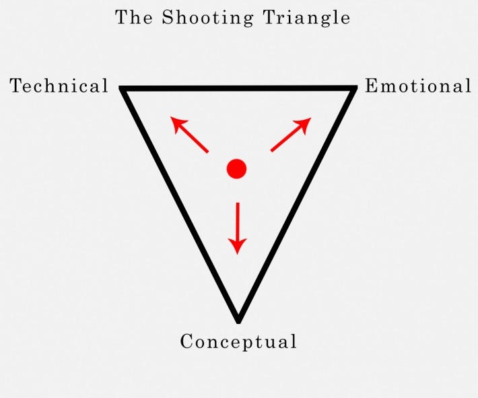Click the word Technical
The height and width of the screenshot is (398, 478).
point(59,86)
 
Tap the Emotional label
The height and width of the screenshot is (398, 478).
point(418,86)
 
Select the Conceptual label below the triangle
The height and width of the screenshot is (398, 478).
point(238,341)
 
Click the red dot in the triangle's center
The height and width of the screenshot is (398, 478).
point(236,168)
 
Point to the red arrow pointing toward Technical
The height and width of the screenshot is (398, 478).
point(189,134)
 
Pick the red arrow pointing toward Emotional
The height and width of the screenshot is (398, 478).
point(291,134)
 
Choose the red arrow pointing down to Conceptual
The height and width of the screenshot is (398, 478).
point(238,228)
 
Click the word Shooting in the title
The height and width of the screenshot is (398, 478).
point(207,18)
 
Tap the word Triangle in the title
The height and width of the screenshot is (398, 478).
point(307,18)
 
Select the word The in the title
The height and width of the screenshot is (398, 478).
point(134,17)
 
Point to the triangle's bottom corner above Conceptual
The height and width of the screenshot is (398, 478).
point(238,323)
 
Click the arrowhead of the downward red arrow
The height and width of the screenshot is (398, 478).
point(238,246)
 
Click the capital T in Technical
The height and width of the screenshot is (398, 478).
point(16,86)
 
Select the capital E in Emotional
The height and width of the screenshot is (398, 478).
point(372,86)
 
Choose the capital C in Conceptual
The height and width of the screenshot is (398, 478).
point(186,341)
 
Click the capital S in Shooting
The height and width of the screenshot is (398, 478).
point(167,18)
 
